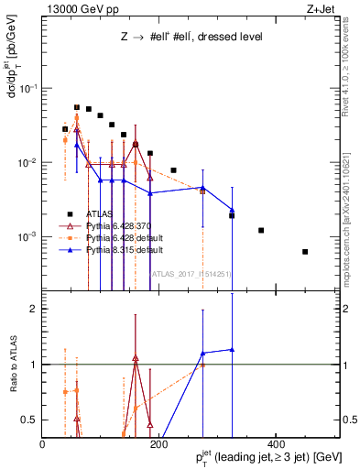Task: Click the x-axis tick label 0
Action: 42,443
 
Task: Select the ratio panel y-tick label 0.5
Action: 29,420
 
